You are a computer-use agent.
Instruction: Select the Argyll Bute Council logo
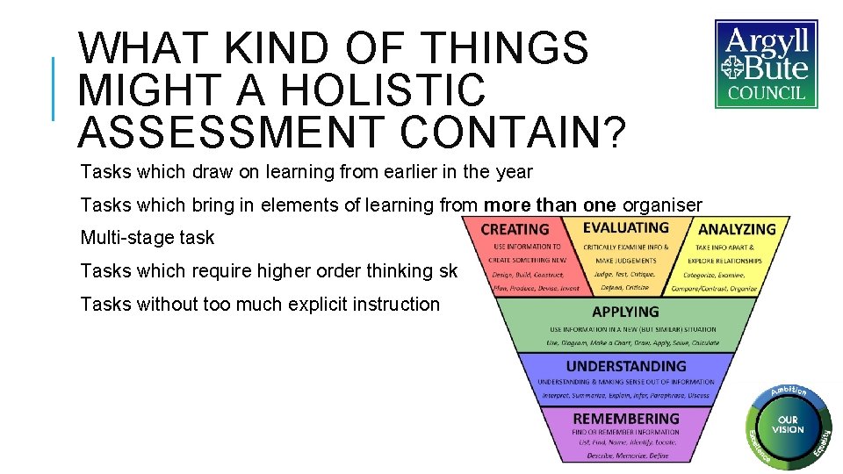click(766, 64)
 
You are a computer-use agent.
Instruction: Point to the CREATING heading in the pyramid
click(515, 229)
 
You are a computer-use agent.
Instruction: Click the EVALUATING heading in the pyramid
click(625, 227)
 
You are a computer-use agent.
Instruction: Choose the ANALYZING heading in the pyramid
click(737, 229)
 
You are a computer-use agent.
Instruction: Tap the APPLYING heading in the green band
click(625, 312)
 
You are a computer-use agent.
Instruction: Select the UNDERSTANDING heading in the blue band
click(625, 366)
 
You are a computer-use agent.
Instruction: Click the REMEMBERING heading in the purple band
click(625, 419)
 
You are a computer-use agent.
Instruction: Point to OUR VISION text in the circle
click(788, 425)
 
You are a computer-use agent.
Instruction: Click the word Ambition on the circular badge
click(788, 391)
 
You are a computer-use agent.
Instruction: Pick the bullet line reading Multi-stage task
click(148, 238)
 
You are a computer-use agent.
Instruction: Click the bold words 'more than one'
click(551, 205)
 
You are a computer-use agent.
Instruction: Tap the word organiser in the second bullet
click(662, 205)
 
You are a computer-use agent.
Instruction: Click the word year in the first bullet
click(514, 172)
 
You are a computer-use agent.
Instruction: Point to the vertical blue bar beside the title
click(54, 89)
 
